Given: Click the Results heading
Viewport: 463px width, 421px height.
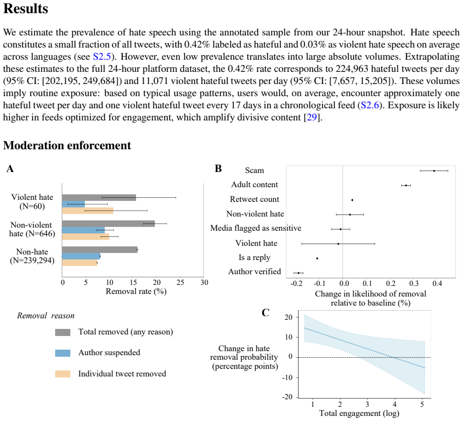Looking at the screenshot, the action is coord(25,9).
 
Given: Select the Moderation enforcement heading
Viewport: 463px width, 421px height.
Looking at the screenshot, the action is coord(67,146).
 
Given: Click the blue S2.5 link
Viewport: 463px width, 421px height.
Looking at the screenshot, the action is coord(102,57).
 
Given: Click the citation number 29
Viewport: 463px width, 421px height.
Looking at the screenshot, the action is coord(312,117).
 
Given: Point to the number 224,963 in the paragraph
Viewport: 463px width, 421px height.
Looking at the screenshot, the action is coord(352,69).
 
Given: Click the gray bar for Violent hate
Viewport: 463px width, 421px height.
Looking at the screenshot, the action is coord(99,197).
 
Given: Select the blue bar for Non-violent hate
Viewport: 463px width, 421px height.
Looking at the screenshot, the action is coord(83,230).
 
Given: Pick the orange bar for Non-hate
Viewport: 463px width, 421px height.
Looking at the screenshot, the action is coord(79,263).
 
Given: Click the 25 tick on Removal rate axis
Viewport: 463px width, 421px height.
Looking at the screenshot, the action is coord(180,282).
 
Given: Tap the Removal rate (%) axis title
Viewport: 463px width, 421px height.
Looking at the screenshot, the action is coord(136,291).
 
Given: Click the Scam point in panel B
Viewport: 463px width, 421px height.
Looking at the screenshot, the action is coord(434,171).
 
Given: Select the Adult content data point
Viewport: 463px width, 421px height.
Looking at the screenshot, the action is coord(406,185).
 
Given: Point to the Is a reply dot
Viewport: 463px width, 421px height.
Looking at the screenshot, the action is coord(317,259).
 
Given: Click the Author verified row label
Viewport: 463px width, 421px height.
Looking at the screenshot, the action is coord(255,272).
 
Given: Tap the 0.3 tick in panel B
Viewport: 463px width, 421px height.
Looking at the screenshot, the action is coord(414,284).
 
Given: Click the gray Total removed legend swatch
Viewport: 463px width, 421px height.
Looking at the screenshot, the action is coord(63,332).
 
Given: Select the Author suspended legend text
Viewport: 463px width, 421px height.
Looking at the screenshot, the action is coord(109,353).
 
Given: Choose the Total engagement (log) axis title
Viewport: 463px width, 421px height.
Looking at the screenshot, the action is coord(359,413).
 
